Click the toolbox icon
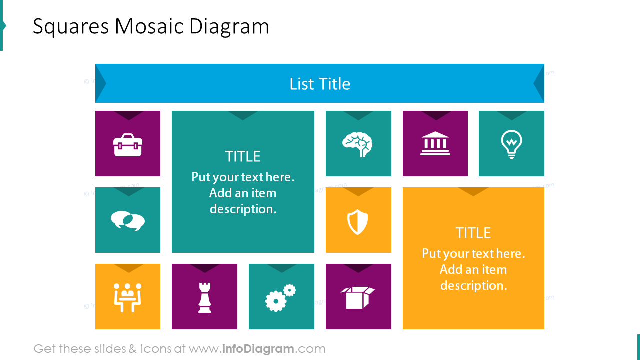click(128, 145)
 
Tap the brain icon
click(358, 145)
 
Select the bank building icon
click(435, 144)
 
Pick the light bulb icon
click(511, 145)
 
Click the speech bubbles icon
click(128, 221)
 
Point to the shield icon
click(358, 222)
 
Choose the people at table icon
click(128, 297)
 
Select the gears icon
click(280, 298)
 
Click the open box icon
click(358, 297)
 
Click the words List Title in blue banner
click(320, 84)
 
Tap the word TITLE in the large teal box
click(243, 157)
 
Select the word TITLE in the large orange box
click(473, 233)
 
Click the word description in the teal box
click(243, 209)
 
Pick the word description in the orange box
click(473, 286)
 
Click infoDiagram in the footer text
click(258, 349)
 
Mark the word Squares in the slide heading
click(70, 27)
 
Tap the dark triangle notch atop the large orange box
click(473, 191)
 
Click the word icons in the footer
click(155, 349)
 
